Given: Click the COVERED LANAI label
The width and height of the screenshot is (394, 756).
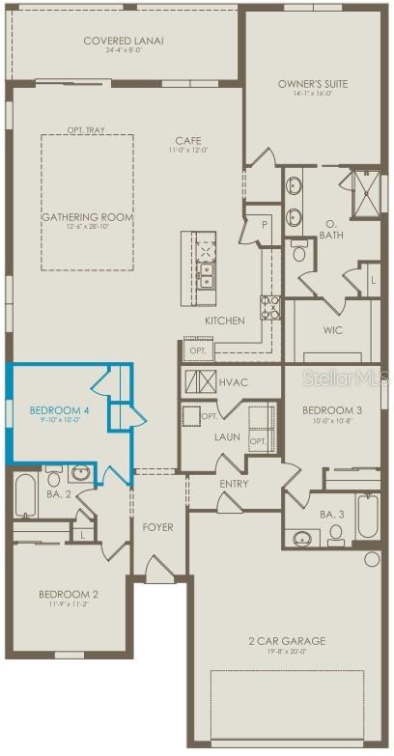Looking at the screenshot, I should point(123,41).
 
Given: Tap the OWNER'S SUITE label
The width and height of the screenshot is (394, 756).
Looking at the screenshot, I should point(313,84).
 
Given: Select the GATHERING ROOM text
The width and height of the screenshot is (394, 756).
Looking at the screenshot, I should point(86,217).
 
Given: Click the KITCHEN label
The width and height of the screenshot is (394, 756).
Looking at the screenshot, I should point(224,321).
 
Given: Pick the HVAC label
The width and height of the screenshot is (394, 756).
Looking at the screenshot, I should point(233,382).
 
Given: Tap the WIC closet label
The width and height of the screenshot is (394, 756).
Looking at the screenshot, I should point(332,330).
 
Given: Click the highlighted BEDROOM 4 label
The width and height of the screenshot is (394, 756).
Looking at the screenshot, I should point(59,410).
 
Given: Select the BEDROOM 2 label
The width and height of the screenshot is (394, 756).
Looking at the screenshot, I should point(68,595).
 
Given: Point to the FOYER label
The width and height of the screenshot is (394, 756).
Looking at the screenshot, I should point(157,527).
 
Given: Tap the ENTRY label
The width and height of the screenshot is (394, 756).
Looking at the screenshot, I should point(234,484).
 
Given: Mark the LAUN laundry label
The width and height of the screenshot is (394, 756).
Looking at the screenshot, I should point(228,436).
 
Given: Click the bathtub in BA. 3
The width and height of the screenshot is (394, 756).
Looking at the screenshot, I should point(368,517).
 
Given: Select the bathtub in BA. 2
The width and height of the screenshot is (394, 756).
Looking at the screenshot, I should point(25,496).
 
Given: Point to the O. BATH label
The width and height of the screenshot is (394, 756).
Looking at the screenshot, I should point(331,228).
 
